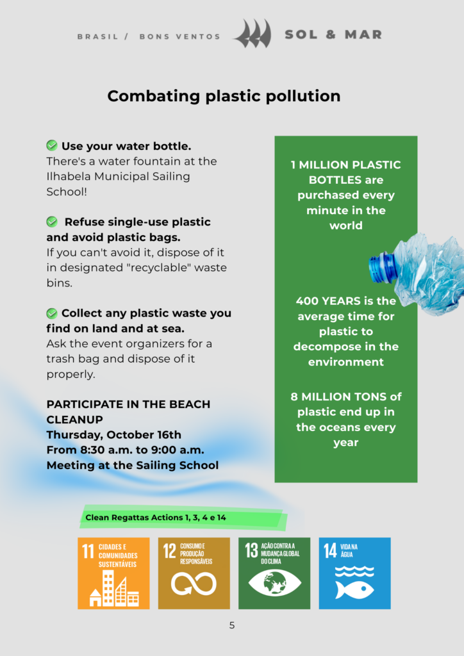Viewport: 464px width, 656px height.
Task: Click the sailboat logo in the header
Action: tap(253, 34)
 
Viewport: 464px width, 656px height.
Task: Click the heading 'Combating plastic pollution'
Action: tap(224, 96)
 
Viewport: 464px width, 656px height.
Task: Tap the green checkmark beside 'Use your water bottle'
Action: tap(52, 146)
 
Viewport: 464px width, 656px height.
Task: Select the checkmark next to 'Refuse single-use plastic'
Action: tap(52, 222)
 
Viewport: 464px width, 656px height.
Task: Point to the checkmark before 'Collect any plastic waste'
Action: tap(52, 313)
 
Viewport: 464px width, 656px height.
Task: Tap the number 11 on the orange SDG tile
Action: tap(88, 550)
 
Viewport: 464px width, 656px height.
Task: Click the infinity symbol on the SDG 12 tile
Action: tap(194, 584)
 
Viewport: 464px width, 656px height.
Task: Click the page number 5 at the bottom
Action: tap(232, 625)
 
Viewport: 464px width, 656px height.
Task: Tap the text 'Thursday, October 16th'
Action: tap(114, 435)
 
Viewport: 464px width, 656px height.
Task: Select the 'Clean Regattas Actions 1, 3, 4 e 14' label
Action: tap(156, 517)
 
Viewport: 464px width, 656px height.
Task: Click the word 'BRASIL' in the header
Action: tap(98, 37)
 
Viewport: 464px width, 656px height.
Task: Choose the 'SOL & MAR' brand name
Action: tap(333, 35)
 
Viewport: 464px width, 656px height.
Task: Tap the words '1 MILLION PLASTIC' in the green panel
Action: tap(345, 165)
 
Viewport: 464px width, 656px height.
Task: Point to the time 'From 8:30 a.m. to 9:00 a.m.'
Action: tap(126, 450)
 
